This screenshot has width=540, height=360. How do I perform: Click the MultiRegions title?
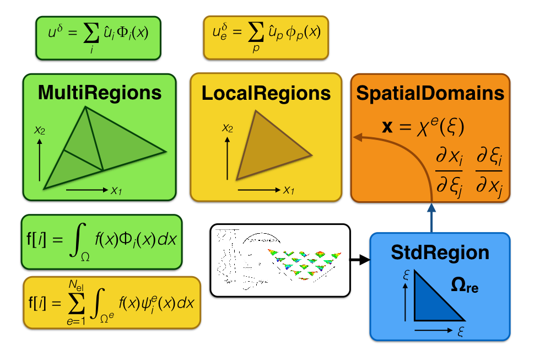tap(99, 92)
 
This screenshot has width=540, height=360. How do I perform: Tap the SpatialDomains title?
tap(430, 93)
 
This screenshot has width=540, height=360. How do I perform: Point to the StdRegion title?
tap(440, 252)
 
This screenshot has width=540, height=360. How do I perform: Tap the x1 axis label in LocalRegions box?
tap(288, 190)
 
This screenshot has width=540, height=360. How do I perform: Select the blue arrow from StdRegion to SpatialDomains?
tap(431, 217)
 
